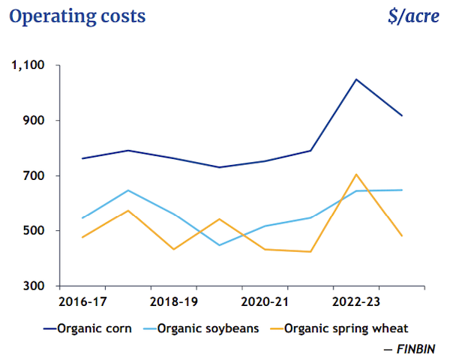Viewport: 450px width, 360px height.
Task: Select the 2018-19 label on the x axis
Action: [174, 303]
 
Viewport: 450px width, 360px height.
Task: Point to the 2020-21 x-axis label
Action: [264, 303]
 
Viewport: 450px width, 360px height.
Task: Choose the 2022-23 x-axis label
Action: [355, 303]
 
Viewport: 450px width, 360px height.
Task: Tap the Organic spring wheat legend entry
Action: [346, 328]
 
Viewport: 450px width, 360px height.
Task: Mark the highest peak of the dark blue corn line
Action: [356, 79]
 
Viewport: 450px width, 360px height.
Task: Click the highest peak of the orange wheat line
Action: [356, 174]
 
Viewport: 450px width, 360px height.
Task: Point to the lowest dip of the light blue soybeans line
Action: [220, 245]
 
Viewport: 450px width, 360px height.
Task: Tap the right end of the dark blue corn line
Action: [402, 115]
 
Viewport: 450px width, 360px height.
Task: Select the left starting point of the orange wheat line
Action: [82, 237]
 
